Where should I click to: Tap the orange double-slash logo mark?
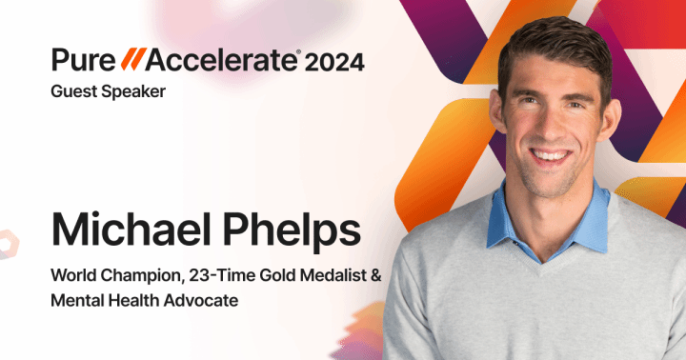[130, 61]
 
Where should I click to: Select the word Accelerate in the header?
[220, 61]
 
